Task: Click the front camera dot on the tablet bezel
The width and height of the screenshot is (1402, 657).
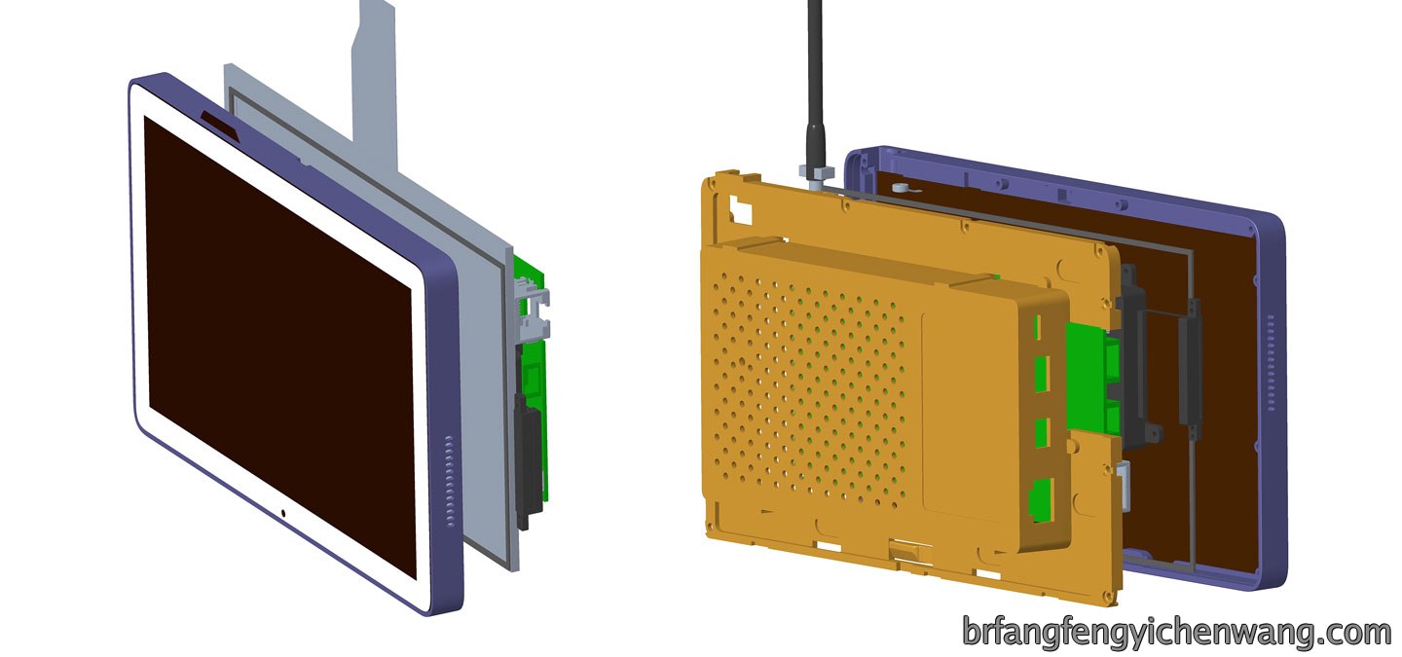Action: click(283, 513)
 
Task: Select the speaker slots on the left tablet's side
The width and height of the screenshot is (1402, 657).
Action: click(450, 482)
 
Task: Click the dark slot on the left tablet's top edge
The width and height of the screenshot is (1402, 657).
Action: click(220, 125)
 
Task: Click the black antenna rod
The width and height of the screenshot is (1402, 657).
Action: click(816, 82)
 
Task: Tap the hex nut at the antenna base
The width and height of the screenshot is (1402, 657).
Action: click(815, 171)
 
